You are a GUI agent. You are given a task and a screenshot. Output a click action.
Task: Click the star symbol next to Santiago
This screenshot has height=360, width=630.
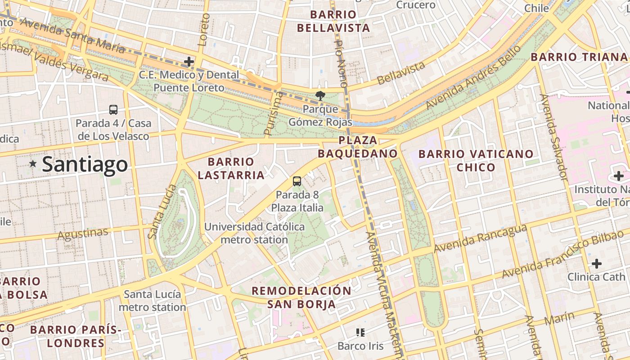click(33, 164)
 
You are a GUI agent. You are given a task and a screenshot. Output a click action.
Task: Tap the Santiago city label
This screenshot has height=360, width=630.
click(85, 164)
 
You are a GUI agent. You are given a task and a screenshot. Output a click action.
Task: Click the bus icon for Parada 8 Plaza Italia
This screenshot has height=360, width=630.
click(297, 181)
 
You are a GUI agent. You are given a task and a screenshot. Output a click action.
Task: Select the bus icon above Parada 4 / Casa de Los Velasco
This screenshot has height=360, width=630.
click(113, 109)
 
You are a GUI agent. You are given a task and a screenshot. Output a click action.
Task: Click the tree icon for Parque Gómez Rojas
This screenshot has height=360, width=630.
click(320, 95)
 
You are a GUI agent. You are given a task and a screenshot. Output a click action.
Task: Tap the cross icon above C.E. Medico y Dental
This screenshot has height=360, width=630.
click(189, 61)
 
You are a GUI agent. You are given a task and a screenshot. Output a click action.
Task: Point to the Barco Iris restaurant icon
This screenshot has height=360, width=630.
click(360, 333)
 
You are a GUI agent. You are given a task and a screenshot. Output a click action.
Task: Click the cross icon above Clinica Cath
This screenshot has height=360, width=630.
click(597, 263)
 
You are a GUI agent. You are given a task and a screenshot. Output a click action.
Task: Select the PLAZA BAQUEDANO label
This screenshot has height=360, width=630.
click(358, 147)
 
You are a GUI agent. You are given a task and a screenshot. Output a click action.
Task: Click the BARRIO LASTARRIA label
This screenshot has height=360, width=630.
click(231, 168)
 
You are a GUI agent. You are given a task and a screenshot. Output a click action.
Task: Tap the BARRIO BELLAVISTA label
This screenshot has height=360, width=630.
click(333, 21)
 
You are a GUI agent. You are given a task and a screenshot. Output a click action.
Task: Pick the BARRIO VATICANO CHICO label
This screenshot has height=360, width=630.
click(476, 161)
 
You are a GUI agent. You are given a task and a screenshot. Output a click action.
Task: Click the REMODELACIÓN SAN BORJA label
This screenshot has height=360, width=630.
click(301, 297)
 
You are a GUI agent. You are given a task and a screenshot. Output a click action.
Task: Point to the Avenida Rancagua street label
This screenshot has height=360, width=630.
click(480, 238)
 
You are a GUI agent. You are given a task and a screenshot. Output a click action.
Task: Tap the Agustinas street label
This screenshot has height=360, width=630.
click(83, 234)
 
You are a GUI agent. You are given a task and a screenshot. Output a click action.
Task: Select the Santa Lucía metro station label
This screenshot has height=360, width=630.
click(153, 301)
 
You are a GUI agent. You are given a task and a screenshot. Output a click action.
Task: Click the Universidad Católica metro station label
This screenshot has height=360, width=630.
click(255, 233)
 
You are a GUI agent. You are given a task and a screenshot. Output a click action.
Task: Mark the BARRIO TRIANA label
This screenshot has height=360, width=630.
click(579, 57)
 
